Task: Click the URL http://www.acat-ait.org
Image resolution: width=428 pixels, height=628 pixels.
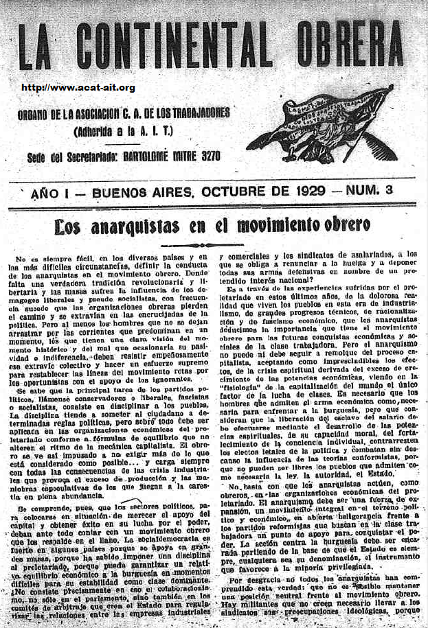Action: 78,88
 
